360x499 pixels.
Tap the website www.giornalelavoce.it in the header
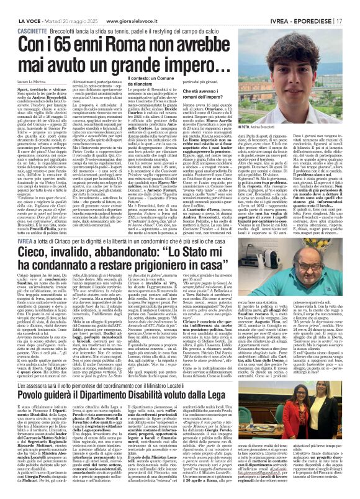point(137,6)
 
